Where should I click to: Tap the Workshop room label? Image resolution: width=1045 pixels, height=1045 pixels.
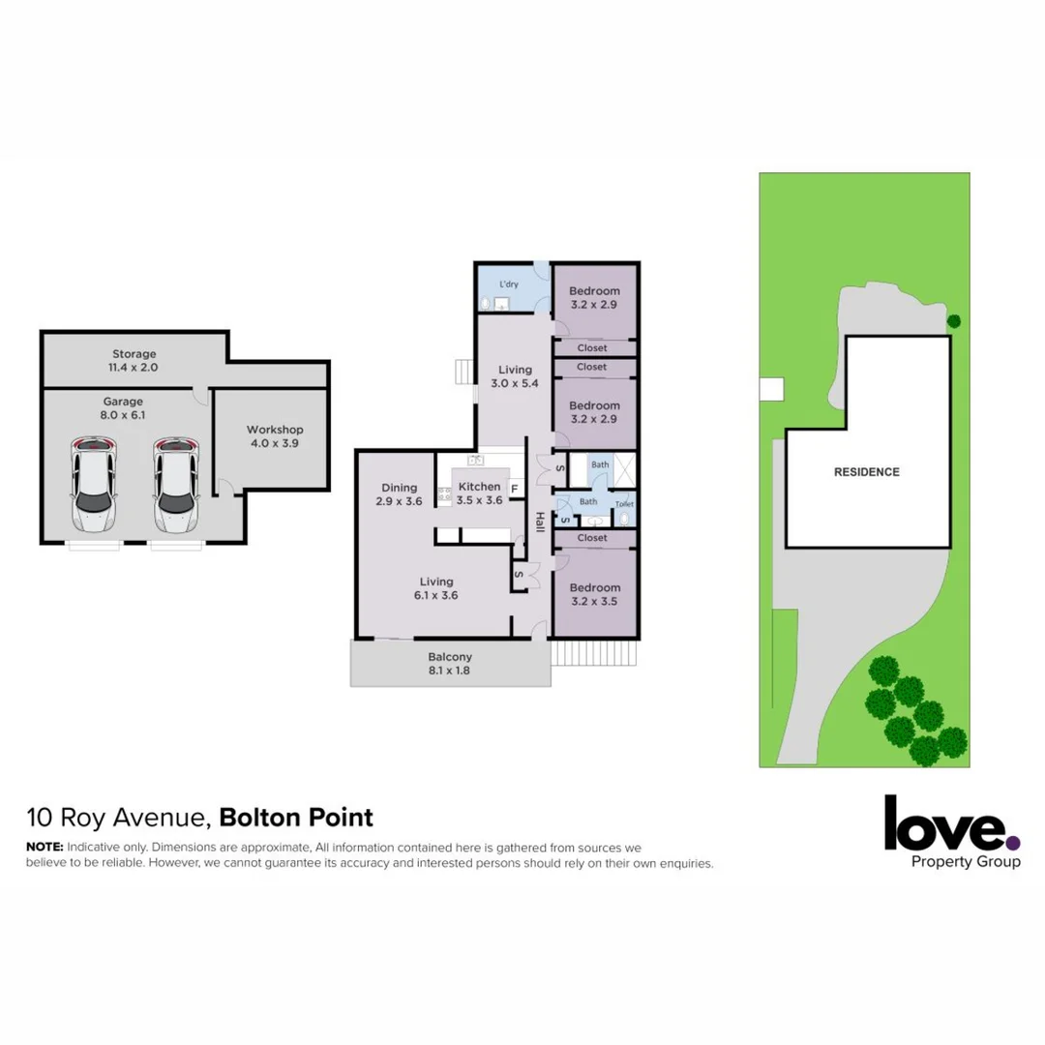[x=275, y=436]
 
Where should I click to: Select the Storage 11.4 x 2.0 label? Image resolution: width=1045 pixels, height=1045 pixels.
[x=134, y=361]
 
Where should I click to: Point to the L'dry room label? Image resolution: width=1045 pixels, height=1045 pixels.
[x=509, y=284]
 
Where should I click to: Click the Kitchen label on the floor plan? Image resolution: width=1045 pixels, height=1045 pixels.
[x=480, y=493]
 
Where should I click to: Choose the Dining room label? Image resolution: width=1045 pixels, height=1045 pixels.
[x=400, y=494]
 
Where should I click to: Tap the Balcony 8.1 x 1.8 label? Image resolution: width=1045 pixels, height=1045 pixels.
[x=450, y=663]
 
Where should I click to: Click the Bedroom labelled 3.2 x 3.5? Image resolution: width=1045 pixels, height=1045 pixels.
[x=594, y=594]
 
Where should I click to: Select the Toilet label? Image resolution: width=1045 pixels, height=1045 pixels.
[x=624, y=504]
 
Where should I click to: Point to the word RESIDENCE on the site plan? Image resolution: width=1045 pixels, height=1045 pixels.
[x=867, y=472]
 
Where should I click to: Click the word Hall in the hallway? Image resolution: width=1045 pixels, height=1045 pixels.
[x=539, y=522]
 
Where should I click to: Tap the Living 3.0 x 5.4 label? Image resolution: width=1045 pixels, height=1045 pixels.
[x=515, y=376]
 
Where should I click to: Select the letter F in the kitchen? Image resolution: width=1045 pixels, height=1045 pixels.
[x=515, y=488]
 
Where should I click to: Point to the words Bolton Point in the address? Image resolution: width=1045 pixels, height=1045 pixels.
[x=296, y=818]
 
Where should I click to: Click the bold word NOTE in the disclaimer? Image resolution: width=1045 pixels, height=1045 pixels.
[x=44, y=847]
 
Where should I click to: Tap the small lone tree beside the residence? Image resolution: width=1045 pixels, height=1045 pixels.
[x=954, y=321]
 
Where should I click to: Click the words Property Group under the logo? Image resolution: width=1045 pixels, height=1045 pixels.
[x=967, y=861]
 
